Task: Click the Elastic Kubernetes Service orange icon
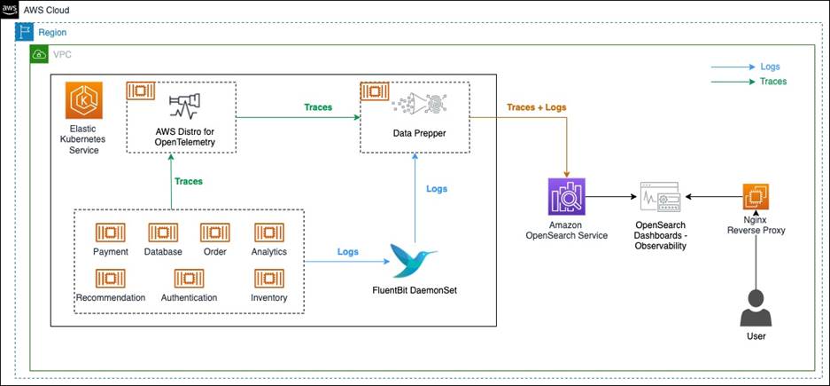click(83, 100)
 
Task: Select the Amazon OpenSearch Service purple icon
click(567, 196)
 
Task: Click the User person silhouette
click(756, 308)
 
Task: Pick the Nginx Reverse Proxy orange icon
click(756, 197)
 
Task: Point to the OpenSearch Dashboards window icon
click(659, 197)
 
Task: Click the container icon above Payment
click(110, 232)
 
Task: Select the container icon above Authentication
click(189, 279)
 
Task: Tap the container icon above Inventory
click(269, 279)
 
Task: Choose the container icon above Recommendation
click(110, 279)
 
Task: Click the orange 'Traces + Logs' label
click(536, 107)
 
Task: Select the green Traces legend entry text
click(773, 82)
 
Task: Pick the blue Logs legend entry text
click(770, 67)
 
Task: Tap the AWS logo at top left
click(10, 10)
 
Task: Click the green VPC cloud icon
click(39, 55)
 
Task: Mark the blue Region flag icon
click(23, 32)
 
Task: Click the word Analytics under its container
click(269, 252)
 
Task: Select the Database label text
click(163, 252)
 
